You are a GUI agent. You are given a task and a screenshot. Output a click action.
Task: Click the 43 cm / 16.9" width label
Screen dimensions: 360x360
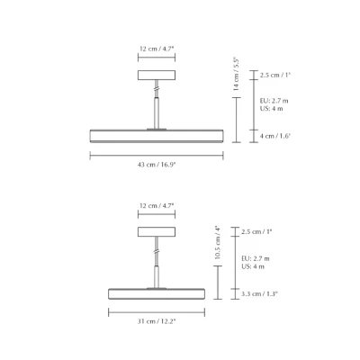tap(157, 165)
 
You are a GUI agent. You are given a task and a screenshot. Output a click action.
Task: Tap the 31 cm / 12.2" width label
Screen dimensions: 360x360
tap(157, 321)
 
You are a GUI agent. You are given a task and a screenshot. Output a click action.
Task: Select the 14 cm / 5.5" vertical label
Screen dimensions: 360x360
tap(236, 75)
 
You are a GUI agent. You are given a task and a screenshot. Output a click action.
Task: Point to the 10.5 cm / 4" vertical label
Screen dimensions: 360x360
tap(218, 243)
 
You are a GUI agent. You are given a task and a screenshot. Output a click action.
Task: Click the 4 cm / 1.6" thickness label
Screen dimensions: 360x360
tap(275, 136)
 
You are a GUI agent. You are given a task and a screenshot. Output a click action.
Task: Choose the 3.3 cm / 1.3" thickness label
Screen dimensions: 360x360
tap(260, 293)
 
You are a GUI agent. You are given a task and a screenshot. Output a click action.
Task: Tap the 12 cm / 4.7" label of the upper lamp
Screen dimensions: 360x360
tap(157, 49)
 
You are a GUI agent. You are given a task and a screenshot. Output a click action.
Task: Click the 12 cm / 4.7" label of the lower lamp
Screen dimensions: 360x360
tap(157, 206)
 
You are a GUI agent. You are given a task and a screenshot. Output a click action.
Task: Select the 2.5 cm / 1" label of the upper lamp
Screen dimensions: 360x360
tap(275, 75)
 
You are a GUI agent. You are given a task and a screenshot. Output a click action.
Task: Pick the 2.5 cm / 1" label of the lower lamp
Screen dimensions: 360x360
tap(256, 232)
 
